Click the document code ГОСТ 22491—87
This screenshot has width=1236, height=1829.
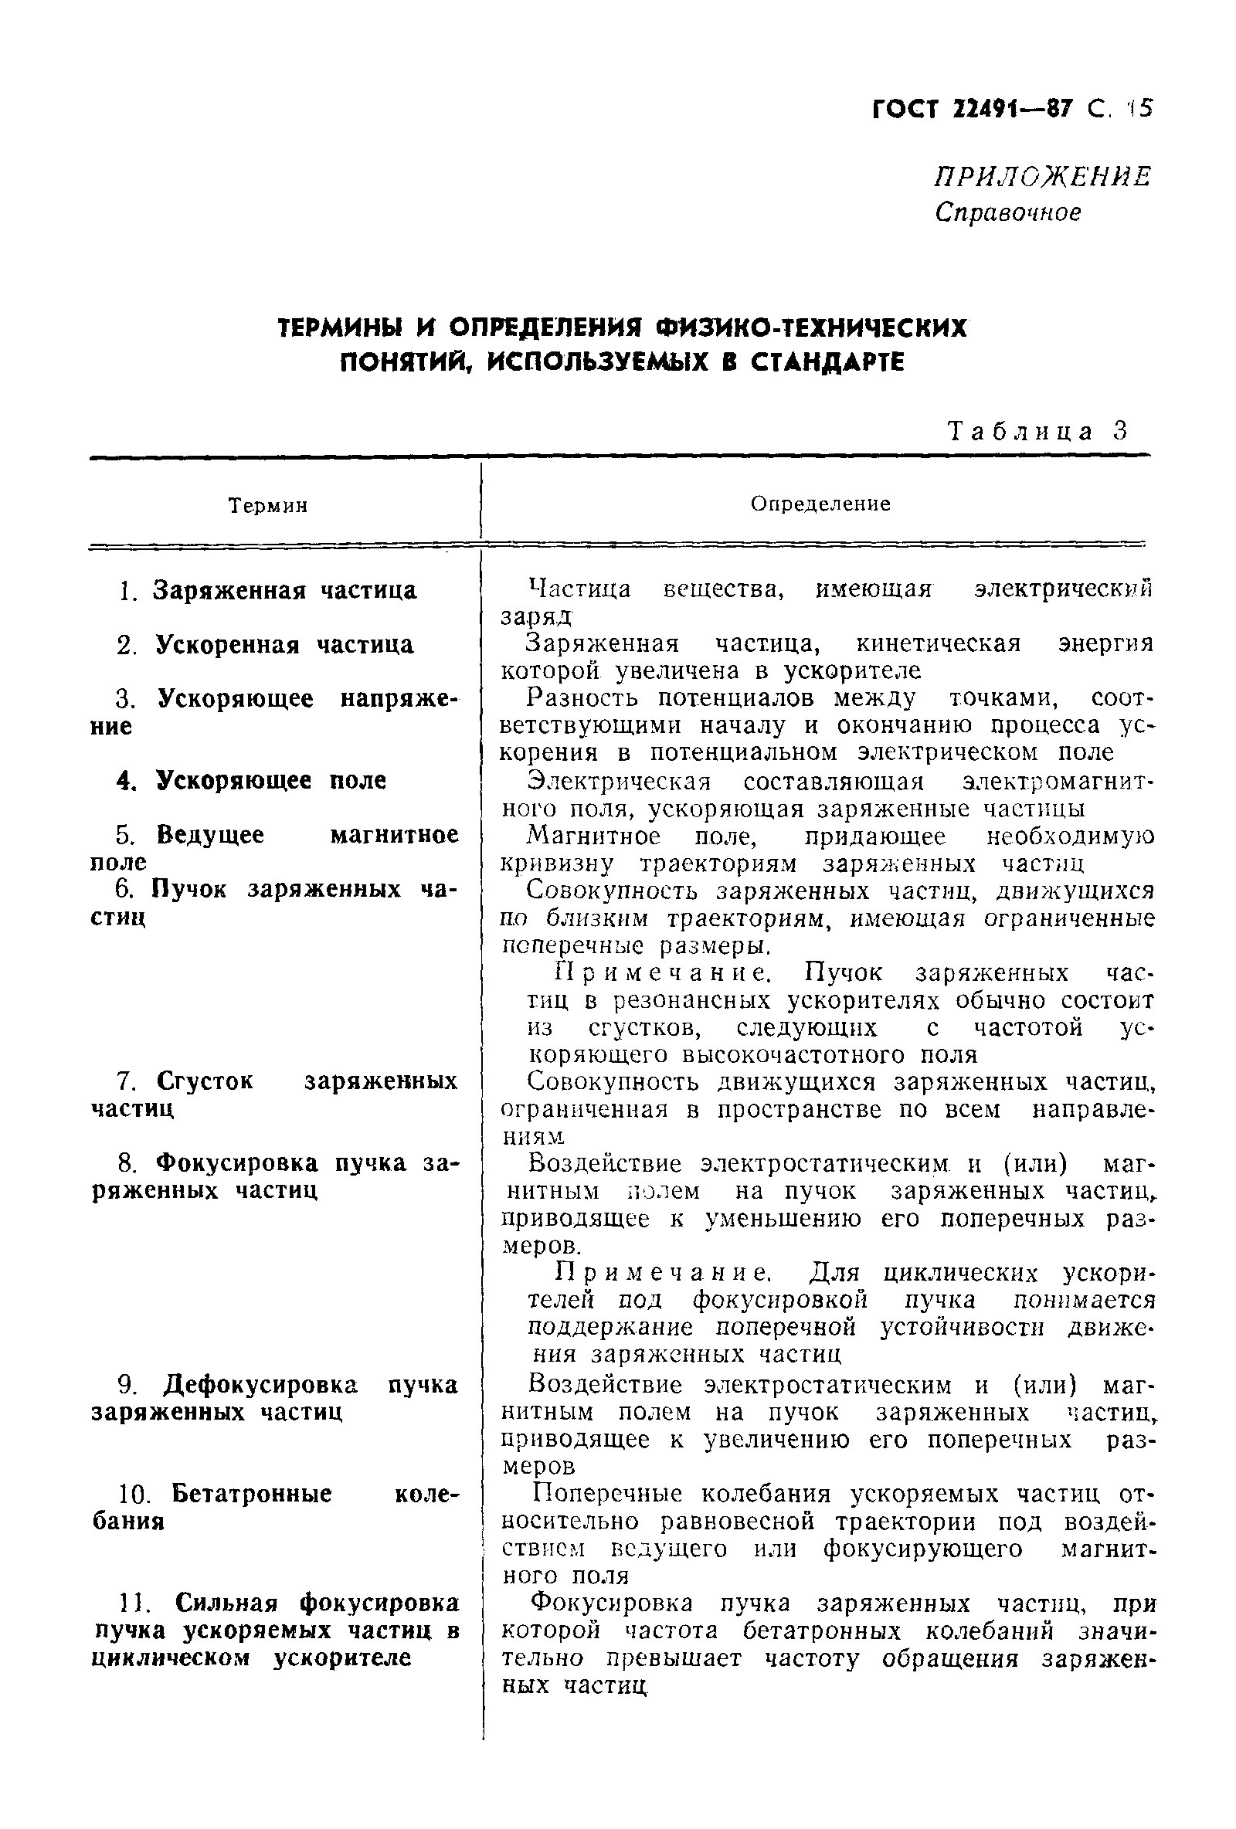973,108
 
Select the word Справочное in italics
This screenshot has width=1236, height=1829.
1007,212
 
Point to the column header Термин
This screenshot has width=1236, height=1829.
267,505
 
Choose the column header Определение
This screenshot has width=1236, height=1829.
820,504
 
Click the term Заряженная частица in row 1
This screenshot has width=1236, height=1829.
284,590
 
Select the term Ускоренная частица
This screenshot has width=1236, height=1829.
284,645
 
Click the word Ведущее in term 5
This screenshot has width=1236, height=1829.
210,834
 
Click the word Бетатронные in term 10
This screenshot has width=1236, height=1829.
252,1493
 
